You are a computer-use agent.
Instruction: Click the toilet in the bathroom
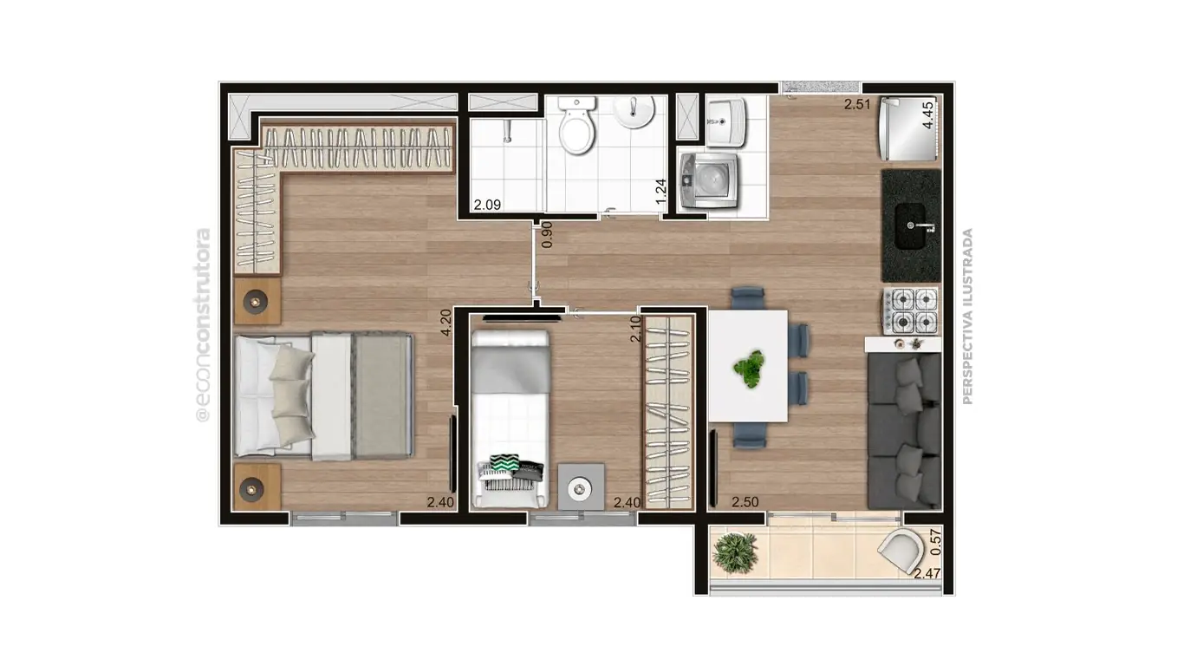click(x=576, y=126)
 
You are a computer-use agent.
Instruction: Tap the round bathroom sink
click(x=634, y=111)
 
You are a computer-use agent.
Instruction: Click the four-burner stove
click(x=911, y=310)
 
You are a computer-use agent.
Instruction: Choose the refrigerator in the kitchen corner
click(x=908, y=129)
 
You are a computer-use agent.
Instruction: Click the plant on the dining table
click(x=748, y=368)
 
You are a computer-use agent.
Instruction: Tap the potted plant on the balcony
click(x=734, y=550)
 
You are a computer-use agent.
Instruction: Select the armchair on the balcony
click(x=901, y=552)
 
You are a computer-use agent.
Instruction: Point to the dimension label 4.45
click(x=928, y=114)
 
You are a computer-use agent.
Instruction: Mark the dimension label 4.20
click(x=446, y=323)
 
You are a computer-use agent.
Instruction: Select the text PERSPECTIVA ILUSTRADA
click(x=968, y=316)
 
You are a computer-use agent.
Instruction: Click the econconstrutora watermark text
click(x=204, y=325)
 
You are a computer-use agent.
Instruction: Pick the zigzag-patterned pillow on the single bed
click(x=504, y=464)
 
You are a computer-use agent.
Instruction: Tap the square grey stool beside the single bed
click(x=581, y=486)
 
